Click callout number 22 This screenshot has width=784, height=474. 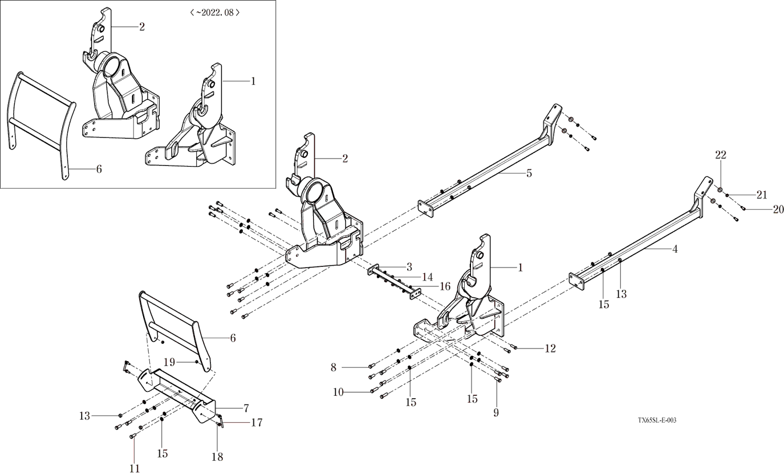721,155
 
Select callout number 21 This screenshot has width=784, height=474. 762,195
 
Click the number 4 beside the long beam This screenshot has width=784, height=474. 675,249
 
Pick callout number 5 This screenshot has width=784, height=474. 529,173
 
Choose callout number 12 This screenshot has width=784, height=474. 550,348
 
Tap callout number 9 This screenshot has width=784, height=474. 496,412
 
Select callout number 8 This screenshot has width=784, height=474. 334,367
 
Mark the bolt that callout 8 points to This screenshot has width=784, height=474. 371,366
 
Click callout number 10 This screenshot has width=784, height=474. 339,392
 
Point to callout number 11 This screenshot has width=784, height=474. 135,468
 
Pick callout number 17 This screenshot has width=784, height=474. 257,423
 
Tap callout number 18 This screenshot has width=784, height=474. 217,457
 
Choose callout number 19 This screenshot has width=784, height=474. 169,362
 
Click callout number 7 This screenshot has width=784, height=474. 246,408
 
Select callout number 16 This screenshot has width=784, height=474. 445,286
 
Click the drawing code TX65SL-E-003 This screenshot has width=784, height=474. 657,420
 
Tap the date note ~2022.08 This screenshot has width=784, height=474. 215,12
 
